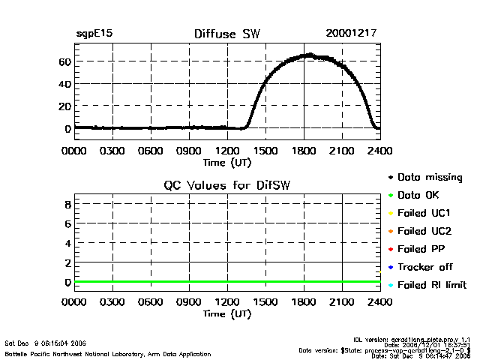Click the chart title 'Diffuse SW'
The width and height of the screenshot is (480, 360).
[227, 34]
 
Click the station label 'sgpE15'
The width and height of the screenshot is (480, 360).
[94, 34]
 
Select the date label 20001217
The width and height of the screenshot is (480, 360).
[351, 34]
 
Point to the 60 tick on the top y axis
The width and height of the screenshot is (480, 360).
[65, 61]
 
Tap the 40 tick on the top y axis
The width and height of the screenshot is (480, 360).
[65, 83]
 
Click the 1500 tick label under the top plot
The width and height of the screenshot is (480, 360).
[265, 151]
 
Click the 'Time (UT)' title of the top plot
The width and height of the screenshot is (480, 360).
[227, 161]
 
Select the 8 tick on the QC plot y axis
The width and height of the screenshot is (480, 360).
[67, 204]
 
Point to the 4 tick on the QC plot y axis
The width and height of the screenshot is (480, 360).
[67, 243]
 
